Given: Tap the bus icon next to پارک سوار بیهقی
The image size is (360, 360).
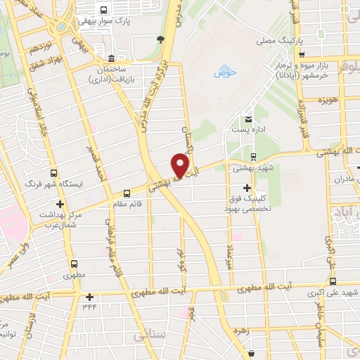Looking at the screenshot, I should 104,11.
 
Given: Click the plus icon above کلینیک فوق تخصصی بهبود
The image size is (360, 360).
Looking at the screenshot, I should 246,188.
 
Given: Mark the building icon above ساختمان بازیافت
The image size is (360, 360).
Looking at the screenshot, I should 112,58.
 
